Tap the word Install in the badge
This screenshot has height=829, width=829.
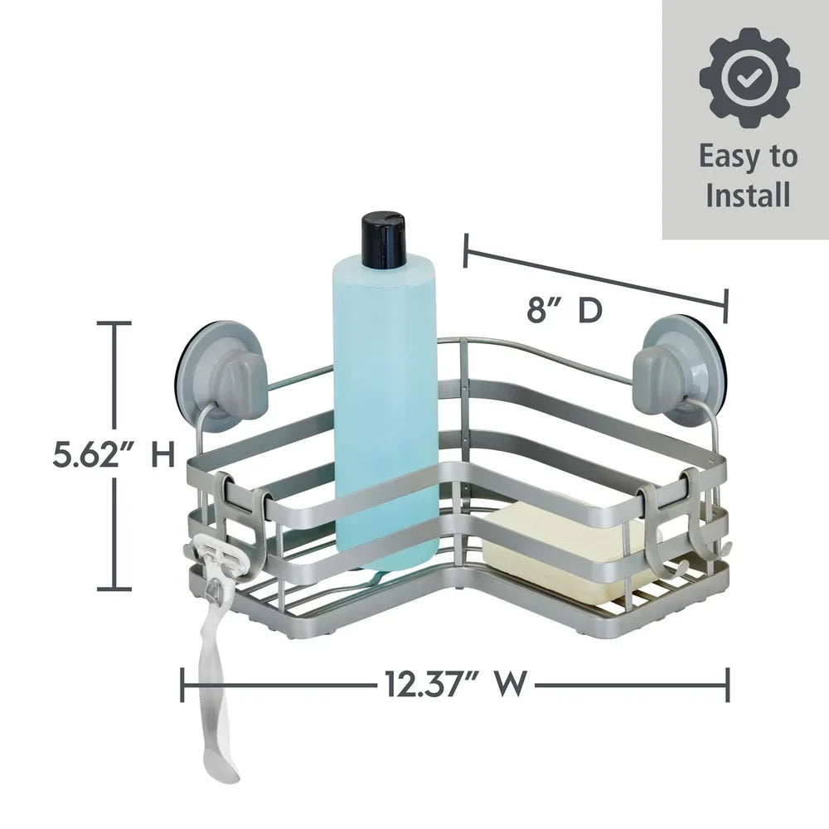[748, 196]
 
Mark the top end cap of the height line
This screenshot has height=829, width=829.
[114, 323]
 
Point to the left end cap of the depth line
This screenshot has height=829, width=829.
[467, 251]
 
